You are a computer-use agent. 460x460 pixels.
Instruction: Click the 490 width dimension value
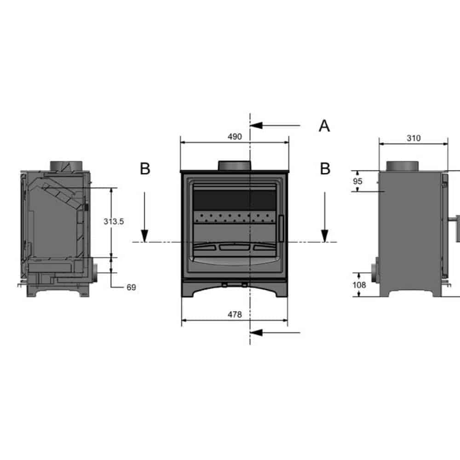pyautogui.click(x=235, y=137)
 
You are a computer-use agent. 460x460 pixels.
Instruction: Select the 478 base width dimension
pyautogui.click(x=235, y=315)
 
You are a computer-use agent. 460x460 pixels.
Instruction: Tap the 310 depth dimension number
pyautogui.click(x=414, y=138)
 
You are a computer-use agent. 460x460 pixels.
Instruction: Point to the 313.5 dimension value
pyautogui.click(x=114, y=221)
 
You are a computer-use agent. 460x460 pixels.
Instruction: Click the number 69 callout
pyautogui.click(x=131, y=287)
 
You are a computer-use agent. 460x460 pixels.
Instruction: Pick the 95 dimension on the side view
pyautogui.click(x=358, y=181)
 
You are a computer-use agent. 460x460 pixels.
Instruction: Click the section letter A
pyautogui.click(x=324, y=126)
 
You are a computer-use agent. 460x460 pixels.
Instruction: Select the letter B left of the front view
pyautogui.click(x=145, y=169)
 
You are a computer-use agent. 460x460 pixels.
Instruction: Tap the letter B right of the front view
pyautogui.click(x=325, y=169)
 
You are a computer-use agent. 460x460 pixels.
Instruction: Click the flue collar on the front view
pyautogui.click(x=235, y=166)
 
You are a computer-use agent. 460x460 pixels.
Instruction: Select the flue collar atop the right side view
pyautogui.click(x=402, y=166)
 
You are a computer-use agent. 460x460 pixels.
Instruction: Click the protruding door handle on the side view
pyautogui.click(x=457, y=228)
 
